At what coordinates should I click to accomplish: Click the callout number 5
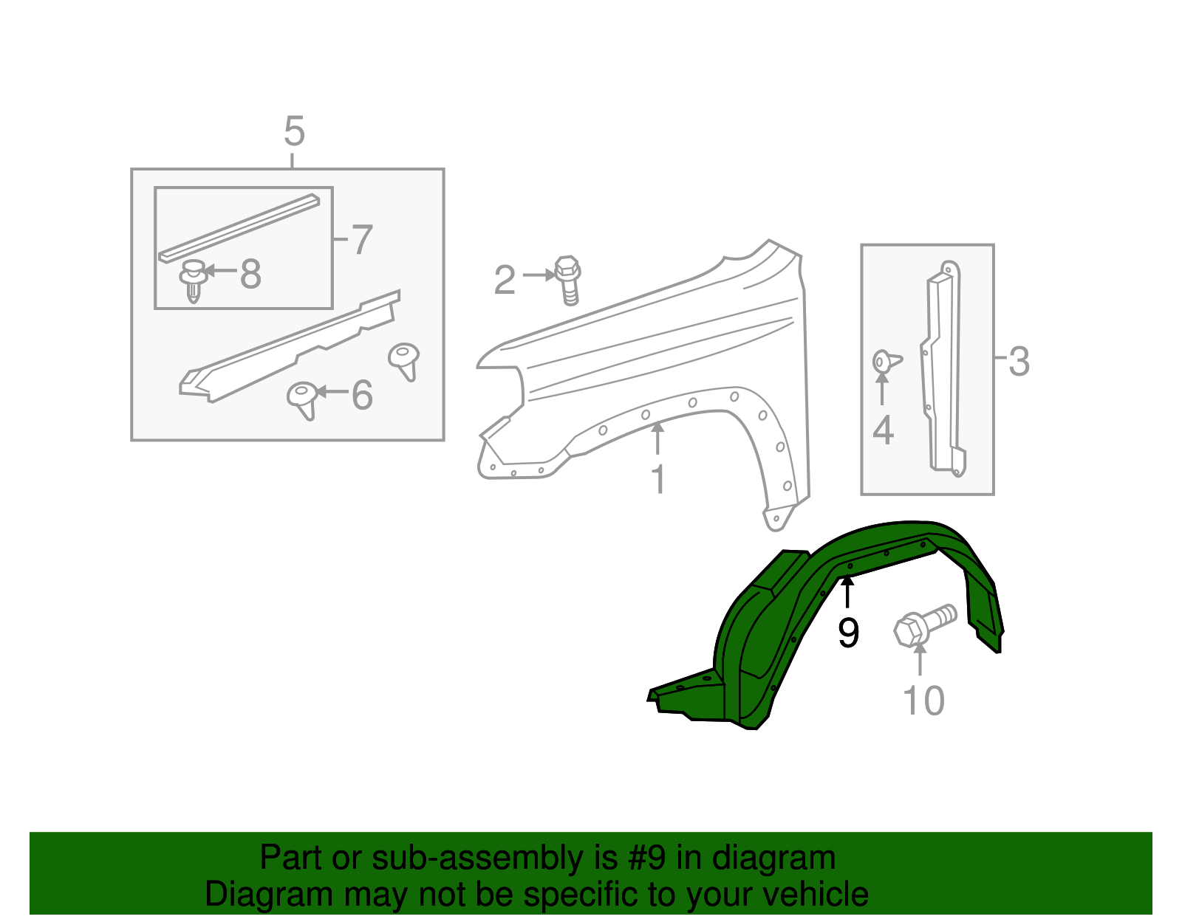(294, 132)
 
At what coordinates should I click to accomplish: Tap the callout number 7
(361, 240)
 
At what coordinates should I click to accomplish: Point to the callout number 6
(361, 395)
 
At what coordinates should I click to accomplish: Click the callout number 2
(505, 281)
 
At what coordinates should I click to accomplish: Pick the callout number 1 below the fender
(657, 480)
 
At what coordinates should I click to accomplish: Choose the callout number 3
(1019, 362)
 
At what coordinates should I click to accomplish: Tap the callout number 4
(883, 430)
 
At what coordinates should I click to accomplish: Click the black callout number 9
(848, 633)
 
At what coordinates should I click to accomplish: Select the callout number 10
(923, 701)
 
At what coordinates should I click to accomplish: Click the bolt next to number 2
(567, 280)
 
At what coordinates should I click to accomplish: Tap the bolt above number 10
(923, 625)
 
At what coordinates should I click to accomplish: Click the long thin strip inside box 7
(239, 228)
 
